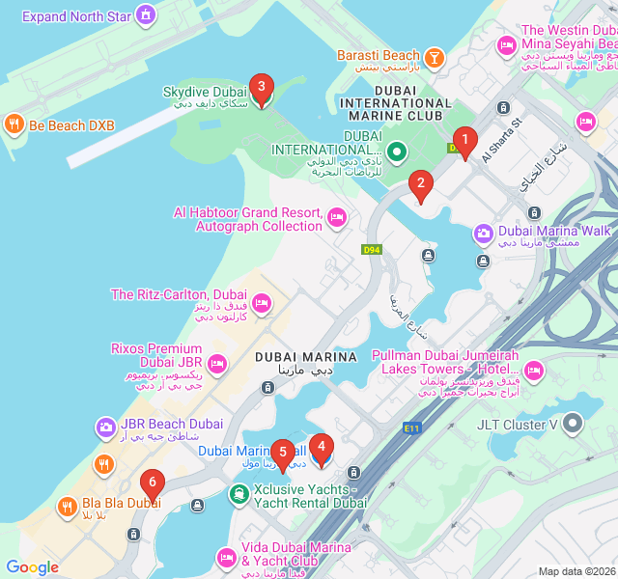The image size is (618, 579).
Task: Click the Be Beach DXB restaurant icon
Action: coord(14,124)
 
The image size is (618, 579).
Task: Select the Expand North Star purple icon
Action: coord(145,15)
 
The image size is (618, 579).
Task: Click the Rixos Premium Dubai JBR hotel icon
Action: coord(216,363)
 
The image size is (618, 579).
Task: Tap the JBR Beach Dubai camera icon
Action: coord(105,426)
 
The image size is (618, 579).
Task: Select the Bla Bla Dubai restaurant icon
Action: coord(67,504)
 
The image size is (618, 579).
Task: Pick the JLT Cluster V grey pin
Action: coord(574,424)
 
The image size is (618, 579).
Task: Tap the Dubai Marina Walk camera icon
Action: coord(484,233)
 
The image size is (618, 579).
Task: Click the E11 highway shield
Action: coord(413,427)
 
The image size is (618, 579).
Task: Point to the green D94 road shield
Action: coord(372,250)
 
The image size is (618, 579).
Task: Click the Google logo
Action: coord(33,567)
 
